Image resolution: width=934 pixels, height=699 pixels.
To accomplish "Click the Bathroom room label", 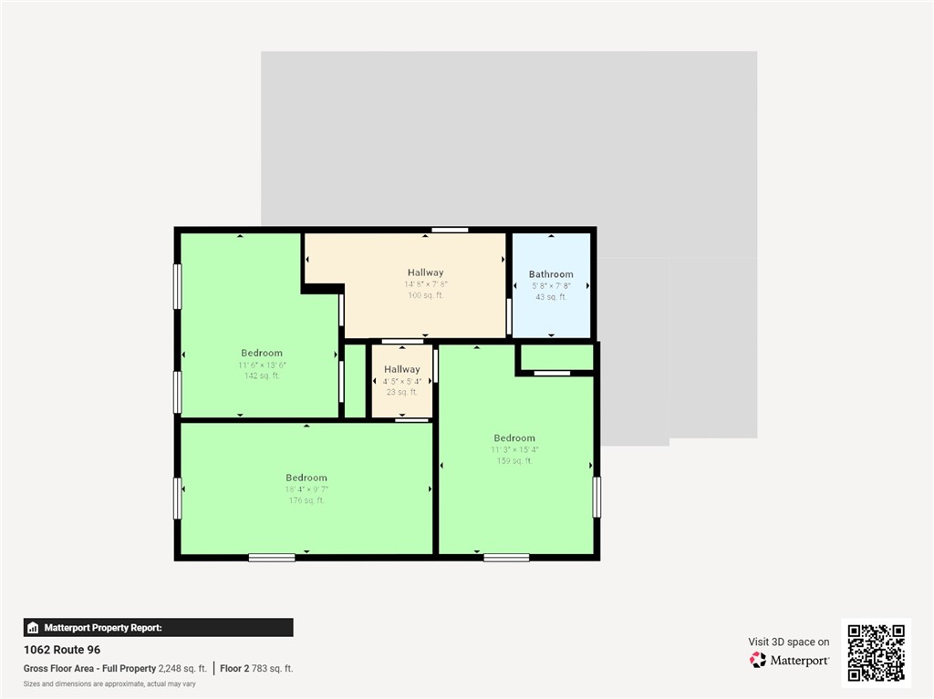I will click(551, 274).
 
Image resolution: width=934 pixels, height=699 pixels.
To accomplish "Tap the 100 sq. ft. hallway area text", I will click(425, 295).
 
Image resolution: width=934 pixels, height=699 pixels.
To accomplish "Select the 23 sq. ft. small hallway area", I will click(402, 392).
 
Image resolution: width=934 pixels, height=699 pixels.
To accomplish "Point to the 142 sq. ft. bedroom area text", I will click(262, 375).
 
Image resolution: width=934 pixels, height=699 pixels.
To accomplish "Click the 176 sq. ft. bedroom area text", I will click(306, 500).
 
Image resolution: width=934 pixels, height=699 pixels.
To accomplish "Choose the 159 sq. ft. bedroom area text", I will click(514, 460).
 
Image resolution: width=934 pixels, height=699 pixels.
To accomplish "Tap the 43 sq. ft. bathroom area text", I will click(551, 296).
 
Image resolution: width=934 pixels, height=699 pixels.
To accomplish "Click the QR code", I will click(876, 653).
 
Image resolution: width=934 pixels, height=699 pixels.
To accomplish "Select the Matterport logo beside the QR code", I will click(789, 660).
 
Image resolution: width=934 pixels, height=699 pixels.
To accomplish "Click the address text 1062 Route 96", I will click(62, 650).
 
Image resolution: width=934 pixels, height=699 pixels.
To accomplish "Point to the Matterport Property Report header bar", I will click(158, 627).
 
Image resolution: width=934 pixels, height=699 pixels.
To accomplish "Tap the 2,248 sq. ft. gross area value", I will click(183, 668).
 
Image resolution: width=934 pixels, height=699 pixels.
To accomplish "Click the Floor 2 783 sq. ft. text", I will click(257, 668).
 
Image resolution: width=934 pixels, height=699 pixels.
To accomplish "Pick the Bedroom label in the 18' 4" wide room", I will click(306, 478).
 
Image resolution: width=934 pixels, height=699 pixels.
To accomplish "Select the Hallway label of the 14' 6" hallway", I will click(425, 272).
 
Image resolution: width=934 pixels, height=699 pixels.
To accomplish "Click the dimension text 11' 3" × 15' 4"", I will click(514, 449).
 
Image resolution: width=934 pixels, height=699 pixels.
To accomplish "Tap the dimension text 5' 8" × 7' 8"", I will click(551, 285).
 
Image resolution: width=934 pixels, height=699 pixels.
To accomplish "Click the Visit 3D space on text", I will click(789, 642).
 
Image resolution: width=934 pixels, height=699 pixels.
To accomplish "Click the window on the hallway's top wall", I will click(450, 230).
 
